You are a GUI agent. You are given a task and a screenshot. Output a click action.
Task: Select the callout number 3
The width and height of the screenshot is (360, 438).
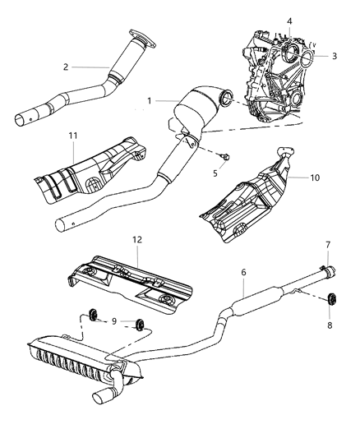pos(335,55)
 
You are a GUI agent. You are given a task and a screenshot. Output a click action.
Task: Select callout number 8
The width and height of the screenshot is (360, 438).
pos(330,325)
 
